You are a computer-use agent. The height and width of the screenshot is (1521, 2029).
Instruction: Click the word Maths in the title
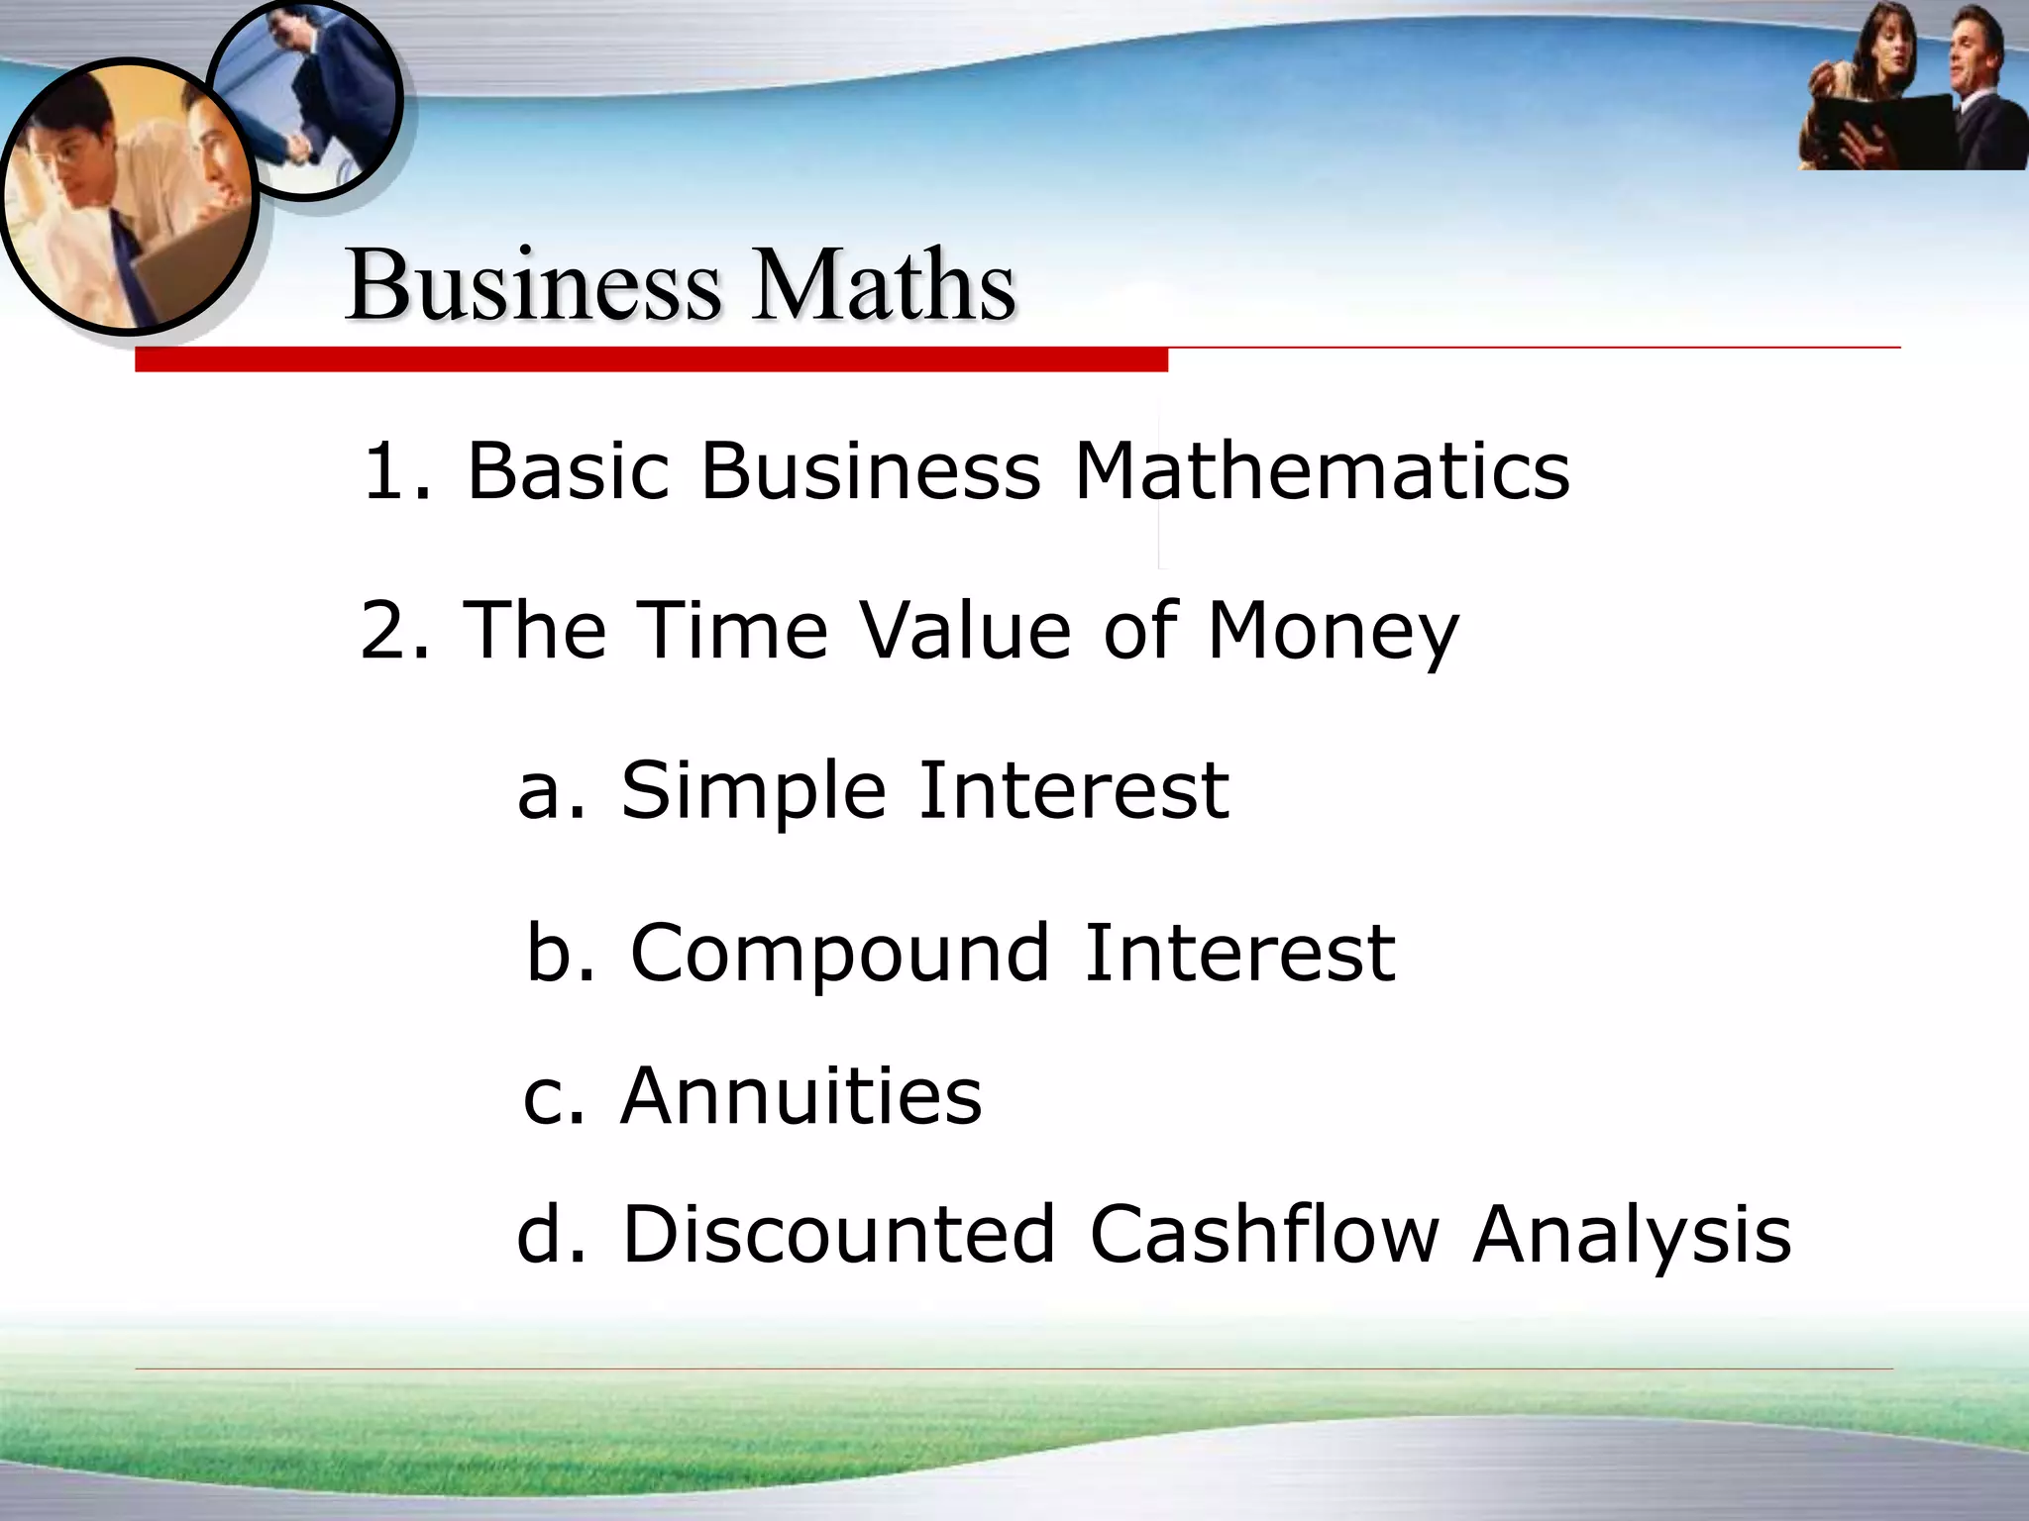[x=883, y=285]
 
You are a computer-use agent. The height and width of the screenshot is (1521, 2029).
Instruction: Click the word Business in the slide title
[x=533, y=285]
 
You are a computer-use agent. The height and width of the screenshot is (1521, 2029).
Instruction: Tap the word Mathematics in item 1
[x=1322, y=469]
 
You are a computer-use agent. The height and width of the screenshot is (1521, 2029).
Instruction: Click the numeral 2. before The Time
[x=394, y=630]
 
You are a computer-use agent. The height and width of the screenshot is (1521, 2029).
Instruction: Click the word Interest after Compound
[x=1239, y=953]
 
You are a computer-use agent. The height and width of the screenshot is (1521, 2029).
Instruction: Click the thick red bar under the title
[x=651, y=360]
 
